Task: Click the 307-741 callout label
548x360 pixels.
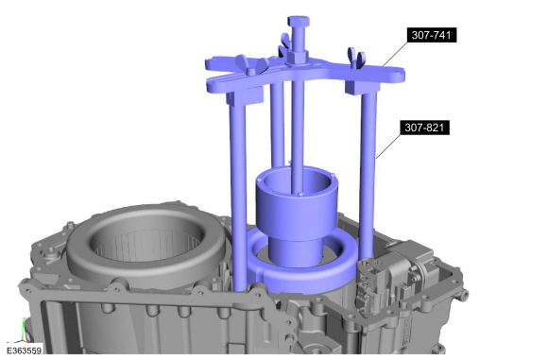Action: (x=432, y=35)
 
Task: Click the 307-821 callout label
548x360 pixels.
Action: (x=425, y=128)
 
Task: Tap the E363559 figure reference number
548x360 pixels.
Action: (x=24, y=351)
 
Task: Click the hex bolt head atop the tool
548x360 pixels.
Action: (x=299, y=22)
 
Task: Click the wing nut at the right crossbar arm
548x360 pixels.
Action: (x=356, y=56)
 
